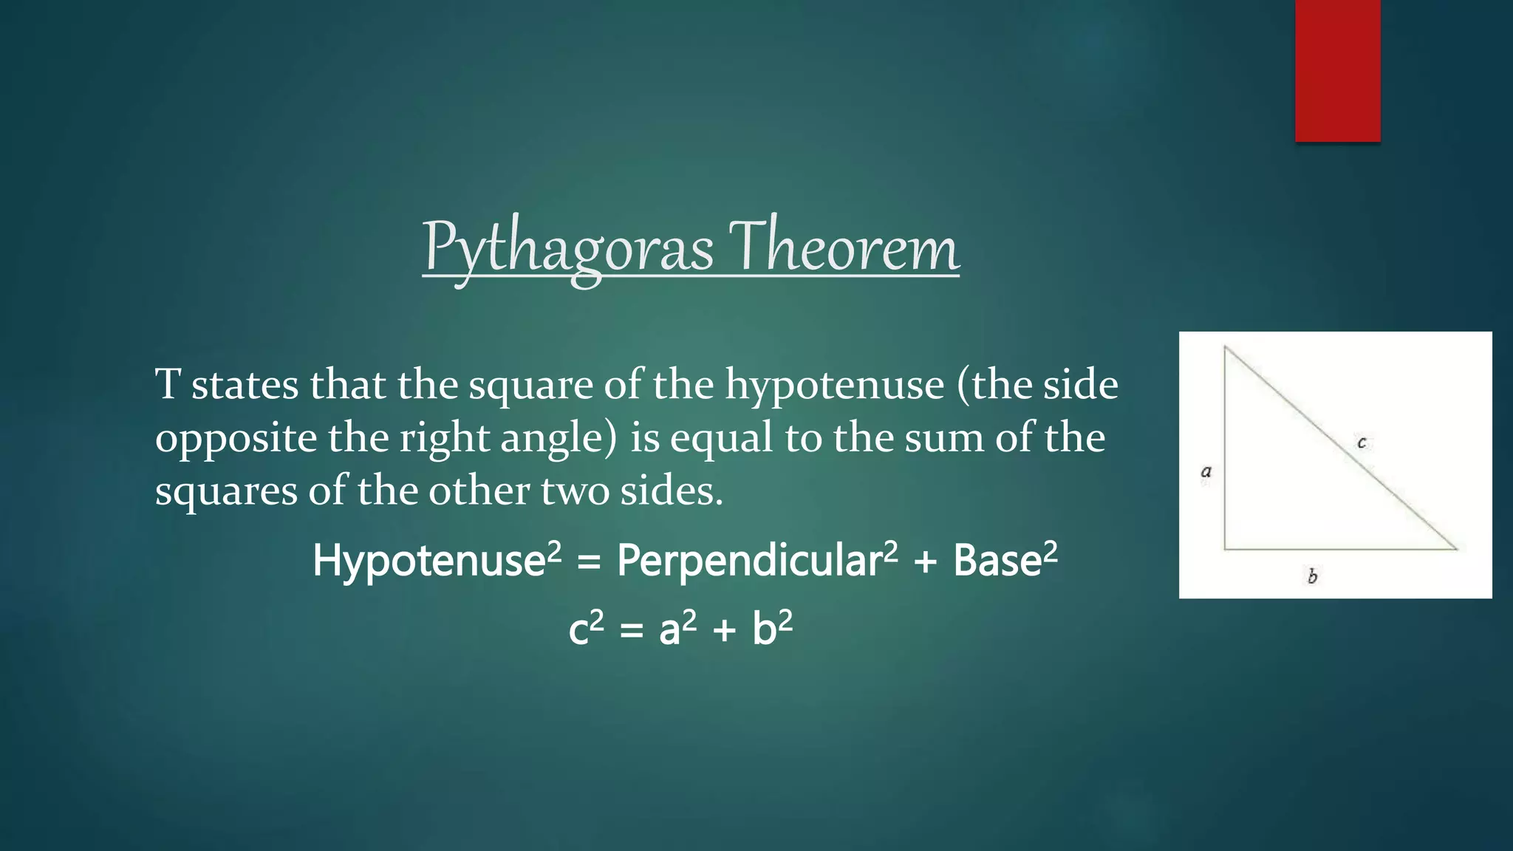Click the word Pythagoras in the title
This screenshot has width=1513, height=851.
tap(567, 248)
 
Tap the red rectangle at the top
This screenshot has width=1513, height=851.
tap(1337, 70)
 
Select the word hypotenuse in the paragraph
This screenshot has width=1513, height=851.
tap(834, 386)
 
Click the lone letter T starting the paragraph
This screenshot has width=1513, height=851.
tap(167, 385)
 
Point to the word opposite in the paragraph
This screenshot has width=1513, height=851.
tap(236, 439)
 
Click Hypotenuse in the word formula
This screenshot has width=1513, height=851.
tap(428, 561)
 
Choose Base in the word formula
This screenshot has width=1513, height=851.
tap(997, 561)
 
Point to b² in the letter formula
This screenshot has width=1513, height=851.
tap(772, 629)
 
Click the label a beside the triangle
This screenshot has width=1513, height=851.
tap(1206, 471)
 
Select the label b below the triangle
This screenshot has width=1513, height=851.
tap(1312, 576)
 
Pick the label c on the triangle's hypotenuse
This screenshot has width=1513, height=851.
tap(1362, 442)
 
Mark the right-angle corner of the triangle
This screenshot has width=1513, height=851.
tap(1225, 549)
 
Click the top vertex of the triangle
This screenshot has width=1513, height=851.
tap(1225, 346)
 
